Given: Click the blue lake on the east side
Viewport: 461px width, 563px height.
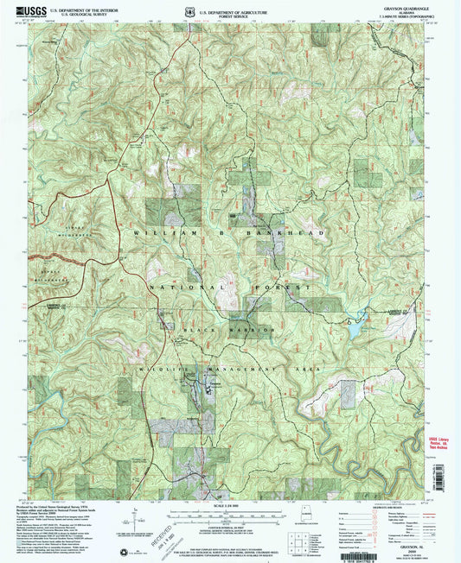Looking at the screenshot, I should coord(357,326).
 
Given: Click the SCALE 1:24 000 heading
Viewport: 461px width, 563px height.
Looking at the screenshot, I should coord(229,507).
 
